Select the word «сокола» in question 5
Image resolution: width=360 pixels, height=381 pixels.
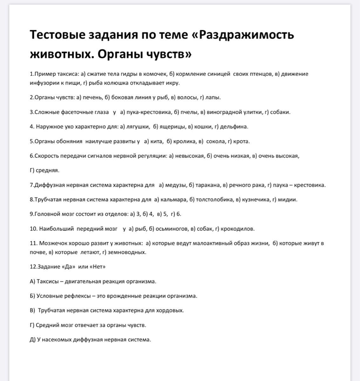point(216,141)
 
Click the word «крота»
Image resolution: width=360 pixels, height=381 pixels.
point(241,141)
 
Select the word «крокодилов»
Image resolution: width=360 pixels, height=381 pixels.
point(237,229)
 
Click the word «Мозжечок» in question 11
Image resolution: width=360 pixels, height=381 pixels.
point(53,243)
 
